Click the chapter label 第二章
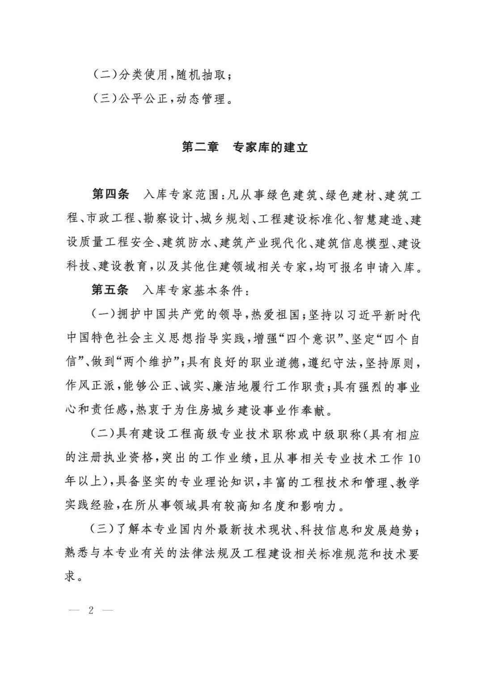tap(200, 147)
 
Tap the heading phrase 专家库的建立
tap(271, 147)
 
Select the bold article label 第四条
tap(110, 195)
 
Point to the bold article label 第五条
tap(110, 290)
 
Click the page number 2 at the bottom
tap(91, 611)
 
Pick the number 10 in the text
tap(414, 459)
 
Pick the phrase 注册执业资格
tap(109, 459)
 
